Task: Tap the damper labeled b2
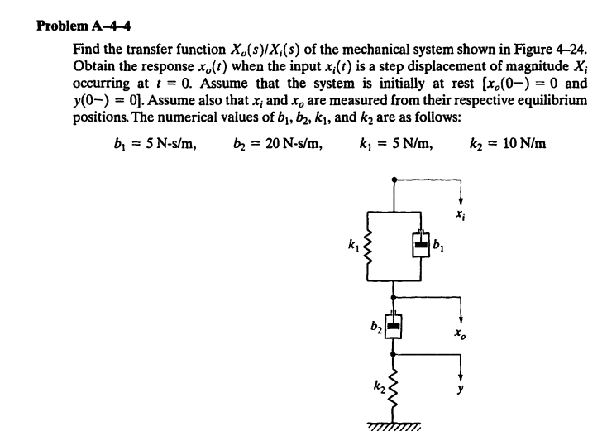click(394, 324)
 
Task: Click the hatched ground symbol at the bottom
click(394, 423)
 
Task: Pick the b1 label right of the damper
click(442, 244)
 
